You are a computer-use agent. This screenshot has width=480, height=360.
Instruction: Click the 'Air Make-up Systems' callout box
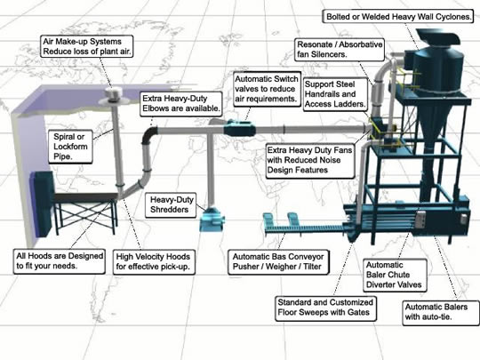point(86,46)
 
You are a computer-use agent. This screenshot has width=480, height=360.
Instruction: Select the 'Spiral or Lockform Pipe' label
point(70,147)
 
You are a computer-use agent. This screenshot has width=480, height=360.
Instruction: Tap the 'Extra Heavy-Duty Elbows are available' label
point(181,104)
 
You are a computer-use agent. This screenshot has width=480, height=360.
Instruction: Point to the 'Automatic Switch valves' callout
point(267,89)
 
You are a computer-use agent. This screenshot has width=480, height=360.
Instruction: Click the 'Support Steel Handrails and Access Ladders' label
point(335,94)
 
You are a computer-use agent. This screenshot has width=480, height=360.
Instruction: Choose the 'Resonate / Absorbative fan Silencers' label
point(340,50)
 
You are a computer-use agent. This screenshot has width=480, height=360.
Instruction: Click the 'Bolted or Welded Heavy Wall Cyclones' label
point(399,17)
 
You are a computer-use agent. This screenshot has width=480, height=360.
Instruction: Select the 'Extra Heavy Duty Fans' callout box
point(310,160)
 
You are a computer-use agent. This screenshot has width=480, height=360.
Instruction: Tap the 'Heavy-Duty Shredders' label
point(171,204)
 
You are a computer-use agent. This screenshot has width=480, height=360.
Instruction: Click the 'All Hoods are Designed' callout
point(60,260)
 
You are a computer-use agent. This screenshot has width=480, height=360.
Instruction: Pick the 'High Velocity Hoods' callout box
point(154,261)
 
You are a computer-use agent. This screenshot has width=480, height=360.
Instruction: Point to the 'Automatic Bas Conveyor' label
point(278,261)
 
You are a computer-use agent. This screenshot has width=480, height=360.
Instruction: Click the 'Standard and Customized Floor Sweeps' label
point(325,308)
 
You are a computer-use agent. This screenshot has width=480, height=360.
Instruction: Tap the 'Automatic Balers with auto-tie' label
point(441,312)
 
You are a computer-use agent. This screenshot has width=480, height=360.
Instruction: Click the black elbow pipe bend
point(148,137)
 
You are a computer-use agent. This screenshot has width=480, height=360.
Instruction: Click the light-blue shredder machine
point(212,219)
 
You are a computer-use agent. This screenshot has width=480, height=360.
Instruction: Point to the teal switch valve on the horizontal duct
point(240,130)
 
